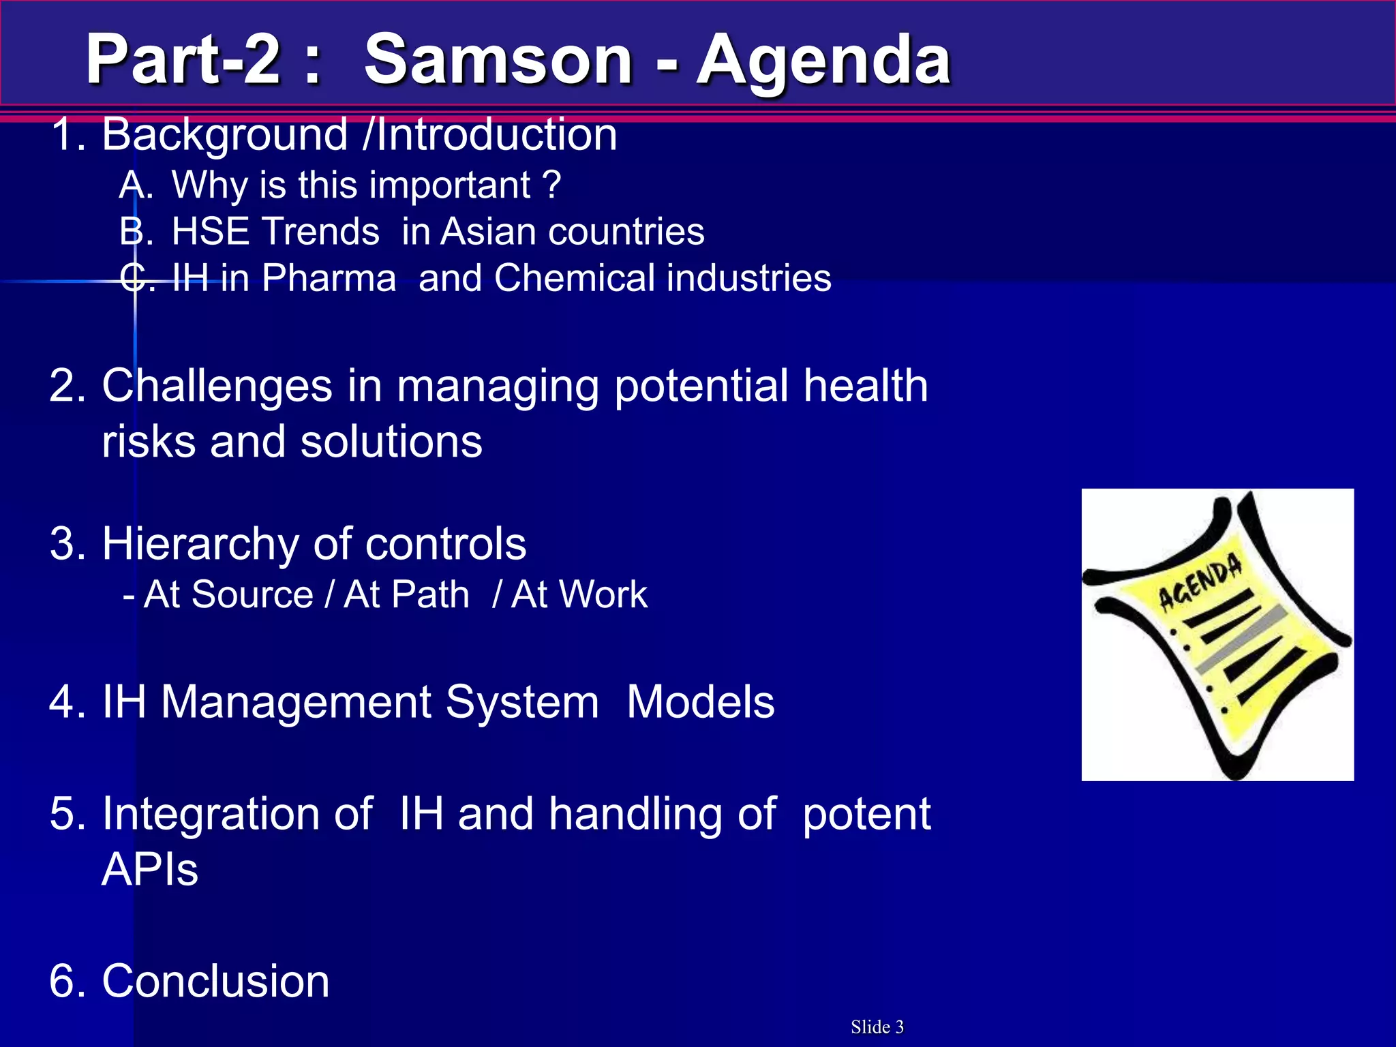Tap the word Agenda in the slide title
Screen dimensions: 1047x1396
(823, 61)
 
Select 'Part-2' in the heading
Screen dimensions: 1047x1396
(183, 60)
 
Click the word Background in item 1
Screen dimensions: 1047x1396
(225, 135)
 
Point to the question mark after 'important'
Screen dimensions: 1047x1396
(553, 185)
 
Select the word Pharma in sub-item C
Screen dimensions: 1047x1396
(329, 279)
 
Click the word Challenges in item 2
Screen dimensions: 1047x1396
(217, 386)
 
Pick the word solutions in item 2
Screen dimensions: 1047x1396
(391, 442)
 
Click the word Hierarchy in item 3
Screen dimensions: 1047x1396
(200, 545)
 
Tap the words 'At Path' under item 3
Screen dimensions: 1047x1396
(406, 594)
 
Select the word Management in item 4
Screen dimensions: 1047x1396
(380, 702)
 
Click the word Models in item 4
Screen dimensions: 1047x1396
(700, 702)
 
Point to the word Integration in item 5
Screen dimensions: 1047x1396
(237, 815)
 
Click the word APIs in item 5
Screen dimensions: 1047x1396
(150, 870)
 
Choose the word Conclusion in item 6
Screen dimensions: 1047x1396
(215, 982)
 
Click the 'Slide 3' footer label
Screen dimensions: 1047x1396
(877, 1027)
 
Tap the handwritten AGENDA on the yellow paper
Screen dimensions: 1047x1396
(1200, 581)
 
